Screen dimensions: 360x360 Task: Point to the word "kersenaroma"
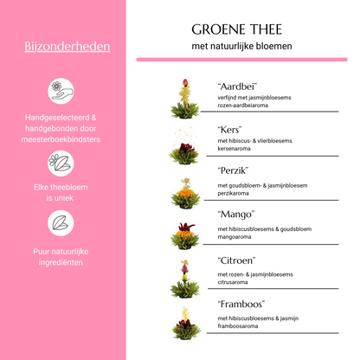coord(236,149)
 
